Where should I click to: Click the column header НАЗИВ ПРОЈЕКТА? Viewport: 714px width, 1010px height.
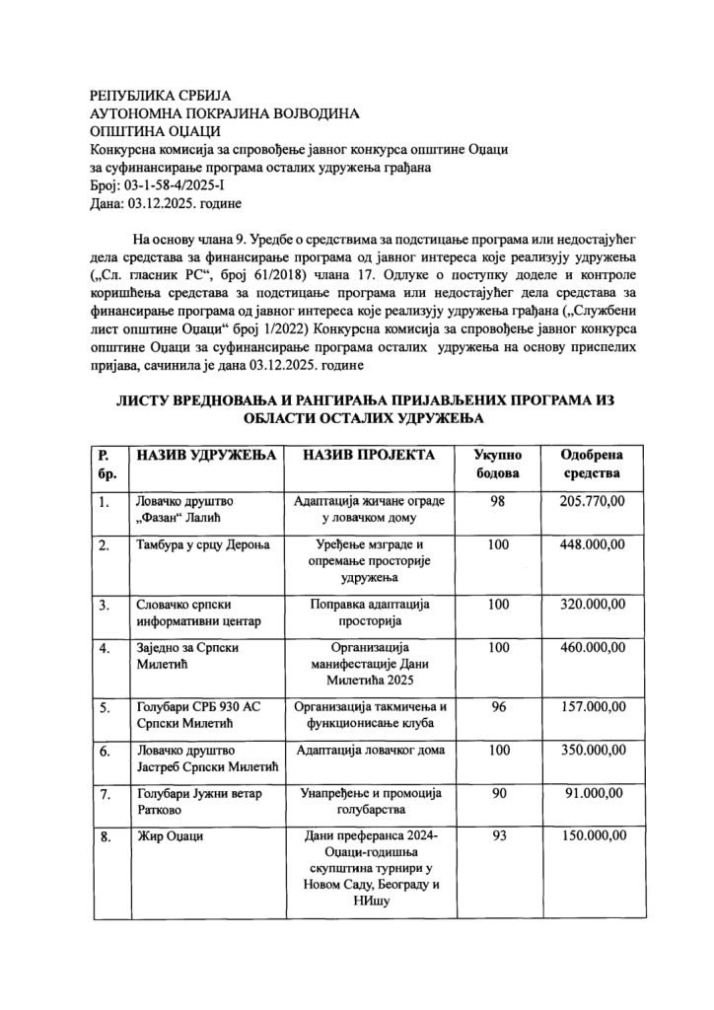click(x=364, y=456)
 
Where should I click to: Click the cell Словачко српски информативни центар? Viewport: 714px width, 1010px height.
click(x=193, y=613)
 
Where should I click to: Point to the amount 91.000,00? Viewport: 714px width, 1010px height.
click(x=593, y=793)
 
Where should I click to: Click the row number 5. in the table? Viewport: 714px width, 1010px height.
click(x=105, y=706)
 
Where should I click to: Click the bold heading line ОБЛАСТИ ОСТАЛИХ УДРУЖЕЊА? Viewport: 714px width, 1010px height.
click(x=357, y=418)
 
